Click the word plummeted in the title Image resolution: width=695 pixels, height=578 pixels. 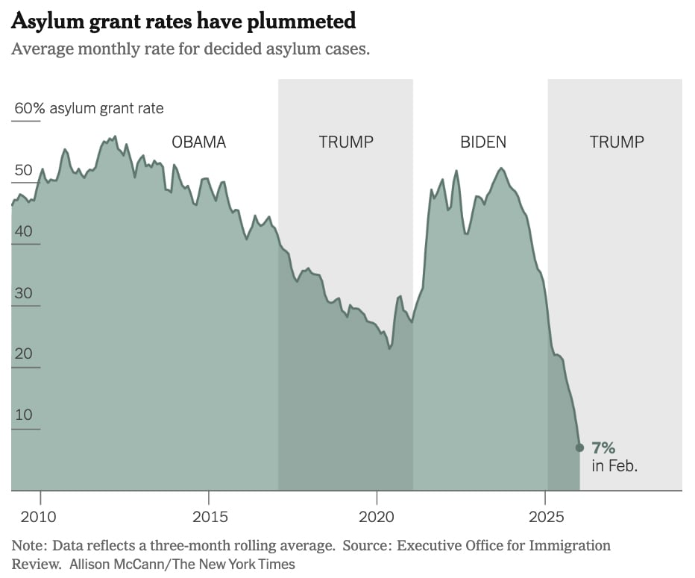(300, 22)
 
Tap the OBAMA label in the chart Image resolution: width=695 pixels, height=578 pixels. (198, 142)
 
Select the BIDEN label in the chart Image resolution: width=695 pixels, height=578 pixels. (482, 142)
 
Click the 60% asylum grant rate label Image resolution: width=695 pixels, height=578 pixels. (89, 108)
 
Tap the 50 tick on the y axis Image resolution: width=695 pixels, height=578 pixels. (23, 170)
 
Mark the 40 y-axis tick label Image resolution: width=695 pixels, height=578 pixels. (23, 231)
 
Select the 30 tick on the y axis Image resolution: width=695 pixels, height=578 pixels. (23, 293)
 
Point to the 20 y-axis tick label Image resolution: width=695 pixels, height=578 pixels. (23, 354)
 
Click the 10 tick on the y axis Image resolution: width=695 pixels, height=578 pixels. (23, 415)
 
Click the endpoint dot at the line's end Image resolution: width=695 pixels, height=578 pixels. (579, 447)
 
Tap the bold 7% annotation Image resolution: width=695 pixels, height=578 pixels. (603, 447)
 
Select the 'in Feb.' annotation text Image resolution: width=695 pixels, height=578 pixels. (614, 466)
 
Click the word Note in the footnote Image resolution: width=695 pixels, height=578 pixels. (28, 545)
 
